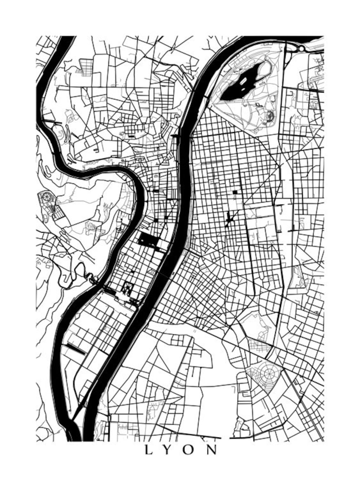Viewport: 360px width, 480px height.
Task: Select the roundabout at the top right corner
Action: pyautogui.click(x=301, y=48)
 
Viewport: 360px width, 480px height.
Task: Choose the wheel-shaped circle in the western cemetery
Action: pyautogui.click(x=47, y=197)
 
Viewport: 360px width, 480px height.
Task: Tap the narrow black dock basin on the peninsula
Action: pyautogui.click(x=76, y=348)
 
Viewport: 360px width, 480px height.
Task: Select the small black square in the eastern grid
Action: pyautogui.click(x=235, y=192)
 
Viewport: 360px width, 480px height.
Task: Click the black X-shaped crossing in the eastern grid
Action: pyautogui.click(x=229, y=221)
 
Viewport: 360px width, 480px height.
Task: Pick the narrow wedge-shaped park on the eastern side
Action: pyautogui.click(x=297, y=277)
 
